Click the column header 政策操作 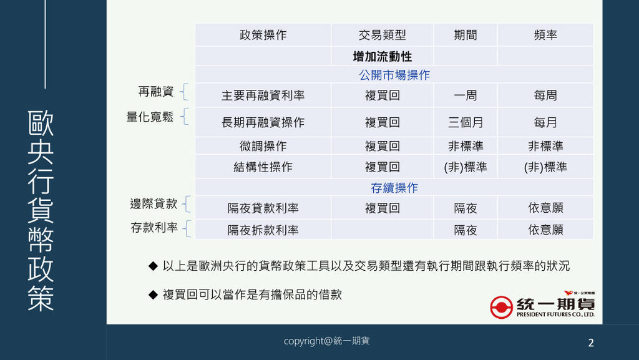tap(263, 35)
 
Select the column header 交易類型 tap(383, 35)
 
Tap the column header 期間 tap(466, 35)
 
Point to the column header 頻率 tap(545, 35)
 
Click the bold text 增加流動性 tap(383, 56)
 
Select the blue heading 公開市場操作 tap(394, 75)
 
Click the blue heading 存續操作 tap(394, 188)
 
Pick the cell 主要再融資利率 tap(263, 95)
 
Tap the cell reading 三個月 tap(466, 122)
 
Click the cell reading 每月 tap(545, 122)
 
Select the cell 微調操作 tap(263, 146)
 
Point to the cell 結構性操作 tap(263, 167)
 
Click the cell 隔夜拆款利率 tap(263, 230)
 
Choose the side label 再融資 tap(155, 92)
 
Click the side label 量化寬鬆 tap(150, 117)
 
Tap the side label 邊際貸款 tap(154, 203)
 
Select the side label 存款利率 tap(154, 228)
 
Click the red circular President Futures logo tap(501, 307)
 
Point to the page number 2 tap(591, 343)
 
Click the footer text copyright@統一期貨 tap(326, 341)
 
